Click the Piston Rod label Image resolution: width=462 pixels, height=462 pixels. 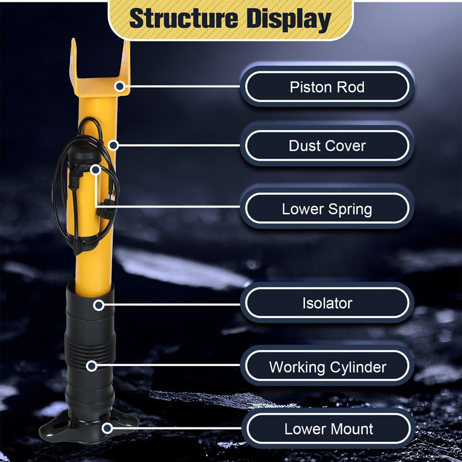327,87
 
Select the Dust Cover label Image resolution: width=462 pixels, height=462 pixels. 327,146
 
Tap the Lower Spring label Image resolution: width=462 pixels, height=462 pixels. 327,209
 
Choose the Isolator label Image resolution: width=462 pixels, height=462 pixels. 327,303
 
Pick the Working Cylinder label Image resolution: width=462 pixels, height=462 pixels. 327,367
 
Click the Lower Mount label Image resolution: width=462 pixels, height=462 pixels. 328,429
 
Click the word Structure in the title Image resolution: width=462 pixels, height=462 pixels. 184,18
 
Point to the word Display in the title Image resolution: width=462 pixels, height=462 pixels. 289,20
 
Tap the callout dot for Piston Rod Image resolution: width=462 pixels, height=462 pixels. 120,86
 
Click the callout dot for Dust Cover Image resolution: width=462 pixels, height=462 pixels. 113,146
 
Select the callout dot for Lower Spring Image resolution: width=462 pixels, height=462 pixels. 95,170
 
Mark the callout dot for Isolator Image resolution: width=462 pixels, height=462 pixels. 99,305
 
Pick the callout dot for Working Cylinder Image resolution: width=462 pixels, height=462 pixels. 92,366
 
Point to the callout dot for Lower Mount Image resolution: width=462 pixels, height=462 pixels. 107,429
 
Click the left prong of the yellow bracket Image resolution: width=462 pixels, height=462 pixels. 73,59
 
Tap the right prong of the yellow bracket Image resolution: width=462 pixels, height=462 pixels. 125,61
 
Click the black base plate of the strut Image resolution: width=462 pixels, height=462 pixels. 88,427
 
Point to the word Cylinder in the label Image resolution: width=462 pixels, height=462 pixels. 358,367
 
